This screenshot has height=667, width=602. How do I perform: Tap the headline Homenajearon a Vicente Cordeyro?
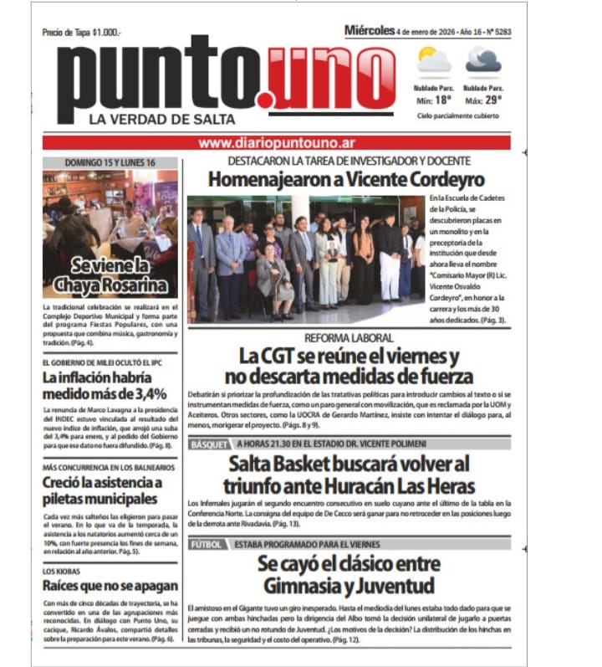pyautogui.click(x=346, y=179)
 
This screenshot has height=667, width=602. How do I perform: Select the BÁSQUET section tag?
pyautogui.click(x=209, y=444)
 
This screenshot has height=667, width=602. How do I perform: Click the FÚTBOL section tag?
pyautogui.click(x=206, y=544)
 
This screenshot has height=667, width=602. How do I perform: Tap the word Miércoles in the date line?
pyautogui.click(x=369, y=31)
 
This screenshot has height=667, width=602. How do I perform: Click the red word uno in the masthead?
pyautogui.click(x=331, y=77)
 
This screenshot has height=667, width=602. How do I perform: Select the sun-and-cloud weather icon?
pyautogui.click(x=434, y=61)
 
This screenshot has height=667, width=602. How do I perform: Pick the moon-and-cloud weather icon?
pyautogui.click(x=483, y=60)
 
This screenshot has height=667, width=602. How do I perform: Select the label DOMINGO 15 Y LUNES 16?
pyautogui.click(x=110, y=163)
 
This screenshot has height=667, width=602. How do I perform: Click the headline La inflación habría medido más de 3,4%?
pyautogui.click(x=105, y=385)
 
